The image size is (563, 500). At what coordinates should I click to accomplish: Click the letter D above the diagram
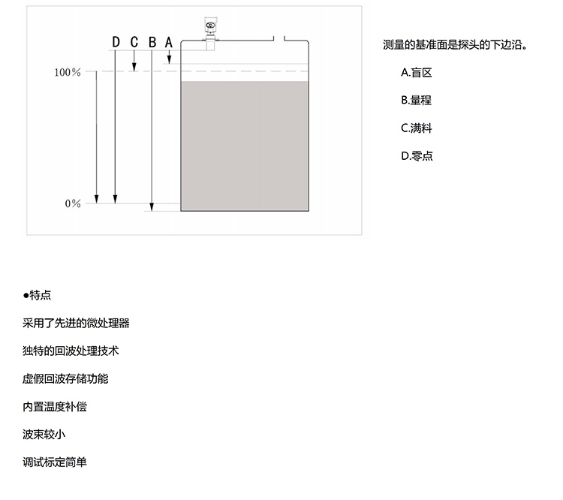(x=116, y=42)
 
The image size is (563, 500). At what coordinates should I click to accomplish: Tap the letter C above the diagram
(x=134, y=42)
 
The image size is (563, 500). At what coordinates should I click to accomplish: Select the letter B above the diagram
(x=152, y=42)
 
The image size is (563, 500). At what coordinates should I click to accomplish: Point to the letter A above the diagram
(x=169, y=42)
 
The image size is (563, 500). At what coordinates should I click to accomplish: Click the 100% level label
(x=68, y=72)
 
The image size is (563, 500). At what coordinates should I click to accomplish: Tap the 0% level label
(x=73, y=203)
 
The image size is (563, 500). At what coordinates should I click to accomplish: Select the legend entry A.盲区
(x=417, y=73)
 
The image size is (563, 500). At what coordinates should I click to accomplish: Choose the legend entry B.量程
(x=417, y=100)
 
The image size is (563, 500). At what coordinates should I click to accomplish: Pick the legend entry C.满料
(x=417, y=128)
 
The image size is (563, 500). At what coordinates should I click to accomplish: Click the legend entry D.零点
(x=417, y=156)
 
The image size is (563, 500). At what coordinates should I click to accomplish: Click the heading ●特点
(x=37, y=295)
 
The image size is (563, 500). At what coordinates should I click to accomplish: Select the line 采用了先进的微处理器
(x=76, y=324)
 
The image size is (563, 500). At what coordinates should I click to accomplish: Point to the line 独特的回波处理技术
(x=71, y=351)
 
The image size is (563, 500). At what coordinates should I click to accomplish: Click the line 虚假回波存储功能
(x=65, y=378)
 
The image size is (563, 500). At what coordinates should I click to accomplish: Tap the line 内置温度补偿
(x=55, y=407)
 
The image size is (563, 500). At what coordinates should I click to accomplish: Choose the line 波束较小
(x=44, y=434)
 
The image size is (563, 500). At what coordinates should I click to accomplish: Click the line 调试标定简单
(x=55, y=462)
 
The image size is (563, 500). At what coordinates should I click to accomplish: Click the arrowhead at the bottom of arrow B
(x=152, y=207)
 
